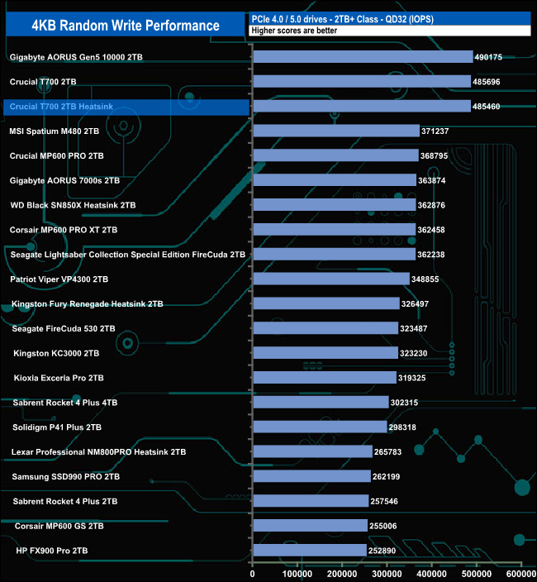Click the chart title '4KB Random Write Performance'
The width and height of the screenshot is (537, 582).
point(126,25)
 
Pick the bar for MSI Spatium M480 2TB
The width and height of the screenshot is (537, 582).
point(335,131)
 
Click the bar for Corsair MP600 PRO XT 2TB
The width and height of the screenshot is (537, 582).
point(334,229)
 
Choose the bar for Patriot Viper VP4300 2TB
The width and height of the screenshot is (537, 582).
point(330,279)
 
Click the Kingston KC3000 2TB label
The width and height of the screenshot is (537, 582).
point(56,353)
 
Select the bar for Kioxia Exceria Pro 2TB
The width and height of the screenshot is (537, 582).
point(324,377)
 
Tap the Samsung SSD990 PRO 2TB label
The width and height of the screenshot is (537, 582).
point(66,477)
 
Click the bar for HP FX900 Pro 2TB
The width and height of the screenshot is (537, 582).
point(309,550)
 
